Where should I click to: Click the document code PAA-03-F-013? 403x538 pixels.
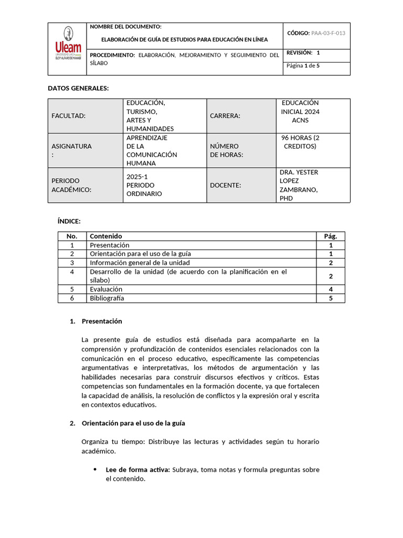click(328, 33)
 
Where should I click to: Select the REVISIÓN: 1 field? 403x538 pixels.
click(303, 53)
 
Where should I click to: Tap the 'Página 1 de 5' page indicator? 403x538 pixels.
click(303, 66)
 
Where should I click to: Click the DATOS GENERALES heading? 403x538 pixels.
click(78, 88)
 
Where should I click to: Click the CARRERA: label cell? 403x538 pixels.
click(225, 116)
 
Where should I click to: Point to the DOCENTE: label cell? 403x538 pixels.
click(226, 185)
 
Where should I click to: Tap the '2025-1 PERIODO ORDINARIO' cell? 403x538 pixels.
click(144, 185)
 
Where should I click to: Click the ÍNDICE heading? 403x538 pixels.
click(69, 221)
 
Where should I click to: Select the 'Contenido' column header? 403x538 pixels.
click(105, 236)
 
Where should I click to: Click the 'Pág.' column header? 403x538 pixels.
click(331, 236)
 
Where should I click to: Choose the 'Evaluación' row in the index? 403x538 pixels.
click(106, 289)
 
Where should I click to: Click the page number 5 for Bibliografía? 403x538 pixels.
click(331, 298)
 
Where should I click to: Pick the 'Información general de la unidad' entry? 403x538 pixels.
click(140, 263)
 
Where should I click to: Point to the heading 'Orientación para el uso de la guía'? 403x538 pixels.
click(133, 423)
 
